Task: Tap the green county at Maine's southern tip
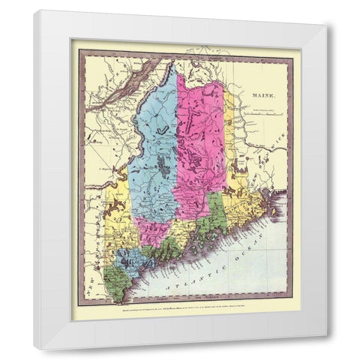pos(115,283)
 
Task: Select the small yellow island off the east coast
pos(275,211)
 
